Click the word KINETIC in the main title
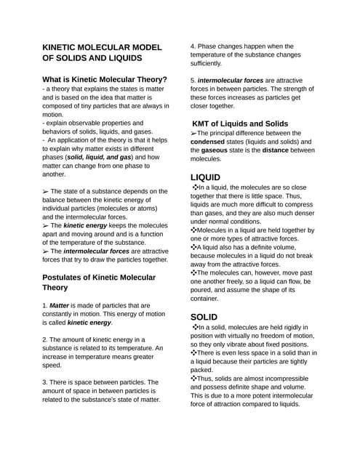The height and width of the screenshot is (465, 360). click(66, 46)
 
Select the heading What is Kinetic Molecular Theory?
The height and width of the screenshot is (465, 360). click(105, 80)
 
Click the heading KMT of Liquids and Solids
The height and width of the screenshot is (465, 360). click(240, 124)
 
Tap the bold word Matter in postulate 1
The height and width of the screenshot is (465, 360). click(63, 305)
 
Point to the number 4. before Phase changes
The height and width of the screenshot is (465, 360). click(193, 46)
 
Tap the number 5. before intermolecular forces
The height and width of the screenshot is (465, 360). click(193, 80)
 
